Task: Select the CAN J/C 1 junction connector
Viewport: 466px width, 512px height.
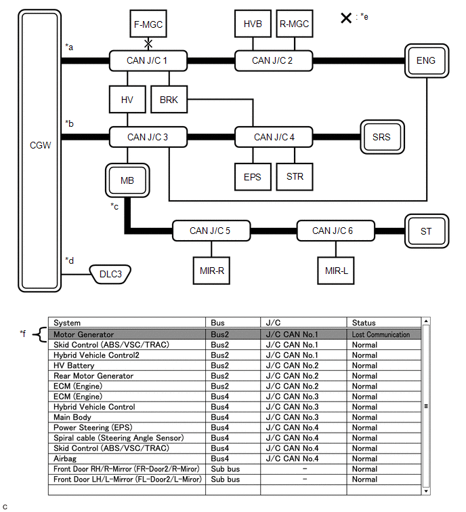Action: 147,60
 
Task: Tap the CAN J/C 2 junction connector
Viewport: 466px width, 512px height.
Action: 272,60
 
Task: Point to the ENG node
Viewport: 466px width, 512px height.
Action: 426,60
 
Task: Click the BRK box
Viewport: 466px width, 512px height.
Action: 169,100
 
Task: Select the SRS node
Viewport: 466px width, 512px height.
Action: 381,137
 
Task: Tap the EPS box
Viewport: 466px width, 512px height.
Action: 252,177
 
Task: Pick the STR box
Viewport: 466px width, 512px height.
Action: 295,177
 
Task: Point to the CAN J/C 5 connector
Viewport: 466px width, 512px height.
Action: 209,231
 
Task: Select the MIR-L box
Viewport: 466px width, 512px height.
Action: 337,270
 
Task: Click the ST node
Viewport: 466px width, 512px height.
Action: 426,231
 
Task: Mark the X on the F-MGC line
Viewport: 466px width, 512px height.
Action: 148,43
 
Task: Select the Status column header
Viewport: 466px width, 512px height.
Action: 364,323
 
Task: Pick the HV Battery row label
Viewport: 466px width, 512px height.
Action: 75,366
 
